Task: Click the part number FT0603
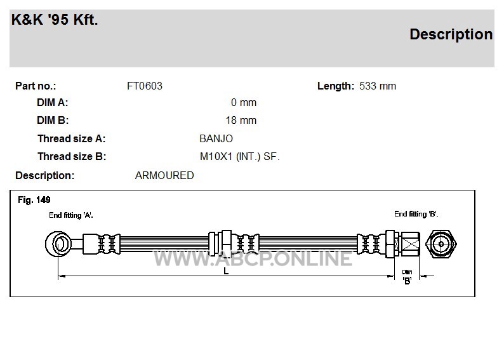145,86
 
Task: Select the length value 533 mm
378,86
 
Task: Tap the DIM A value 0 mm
244,102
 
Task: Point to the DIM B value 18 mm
241,120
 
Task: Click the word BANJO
216,138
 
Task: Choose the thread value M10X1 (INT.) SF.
240,157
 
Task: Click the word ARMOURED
164,175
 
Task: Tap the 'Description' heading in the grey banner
451,34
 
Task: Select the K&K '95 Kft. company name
55,20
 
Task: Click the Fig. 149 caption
34,200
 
